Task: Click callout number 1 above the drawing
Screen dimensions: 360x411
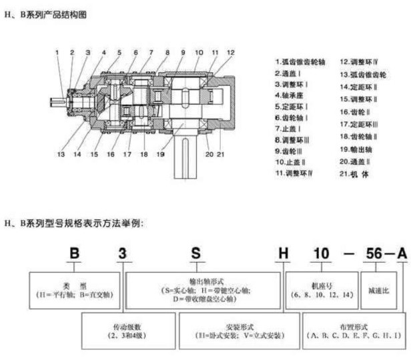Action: pyautogui.click(x=57, y=51)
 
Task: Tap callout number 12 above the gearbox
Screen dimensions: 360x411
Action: pyautogui.click(x=230, y=51)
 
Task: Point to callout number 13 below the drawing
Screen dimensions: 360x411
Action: pyautogui.click(x=61, y=154)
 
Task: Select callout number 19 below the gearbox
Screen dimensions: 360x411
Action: pyautogui.click(x=161, y=154)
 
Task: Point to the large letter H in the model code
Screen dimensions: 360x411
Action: pyautogui.click(x=284, y=254)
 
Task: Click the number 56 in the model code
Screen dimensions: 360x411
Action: pyautogui.click(x=371, y=254)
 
